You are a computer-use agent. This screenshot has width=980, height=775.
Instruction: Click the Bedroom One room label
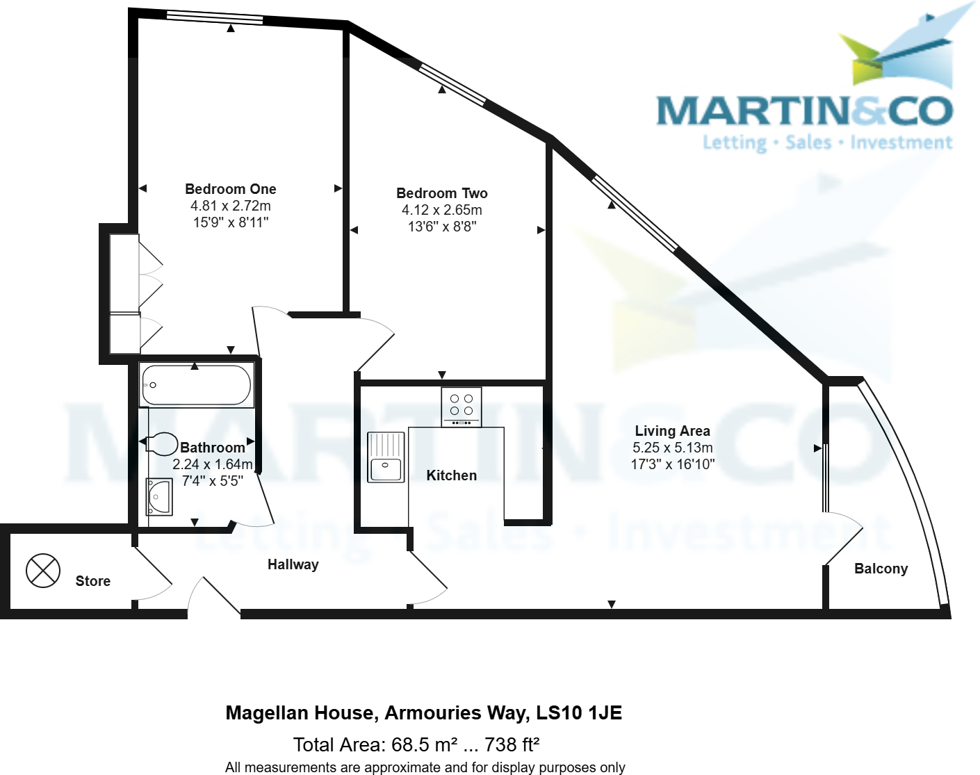(x=231, y=189)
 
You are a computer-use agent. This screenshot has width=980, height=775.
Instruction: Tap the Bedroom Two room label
(x=442, y=193)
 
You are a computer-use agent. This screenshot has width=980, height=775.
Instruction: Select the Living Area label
(x=672, y=431)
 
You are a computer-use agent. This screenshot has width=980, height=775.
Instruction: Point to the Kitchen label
(x=452, y=475)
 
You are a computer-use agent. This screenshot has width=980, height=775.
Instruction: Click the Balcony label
(x=881, y=569)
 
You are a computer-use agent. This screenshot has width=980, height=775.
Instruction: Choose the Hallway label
(x=293, y=564)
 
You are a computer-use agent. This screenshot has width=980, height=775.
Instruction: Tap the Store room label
(x=93, y=581)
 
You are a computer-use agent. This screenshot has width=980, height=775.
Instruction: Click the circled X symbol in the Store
(x=43, y=571)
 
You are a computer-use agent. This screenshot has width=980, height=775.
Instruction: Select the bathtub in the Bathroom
(x=196, y=385)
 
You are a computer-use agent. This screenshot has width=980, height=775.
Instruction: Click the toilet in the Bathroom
(x=162, y=443)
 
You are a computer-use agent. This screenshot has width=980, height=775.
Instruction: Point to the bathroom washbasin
(x=159, y=497)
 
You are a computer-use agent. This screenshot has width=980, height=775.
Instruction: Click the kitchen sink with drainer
(x=386, y=457)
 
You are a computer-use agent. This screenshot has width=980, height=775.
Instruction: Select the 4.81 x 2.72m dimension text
(x=231, y=206)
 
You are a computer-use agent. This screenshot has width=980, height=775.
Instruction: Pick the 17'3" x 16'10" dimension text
(x=672, y=464)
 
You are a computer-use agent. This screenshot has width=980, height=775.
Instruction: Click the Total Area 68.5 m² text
(x=416, y=745)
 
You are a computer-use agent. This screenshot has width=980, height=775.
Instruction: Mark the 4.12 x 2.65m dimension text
(x=442, y=210)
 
